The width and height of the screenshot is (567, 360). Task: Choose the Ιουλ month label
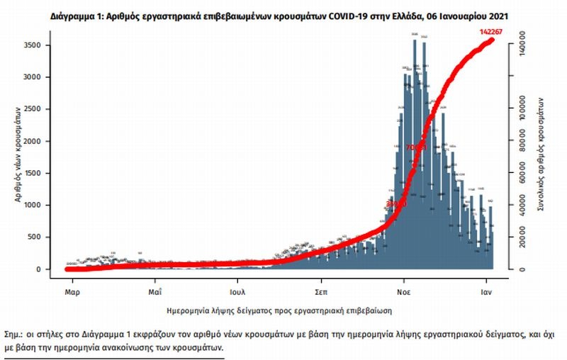237,291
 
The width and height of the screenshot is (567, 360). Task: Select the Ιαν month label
487,291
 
